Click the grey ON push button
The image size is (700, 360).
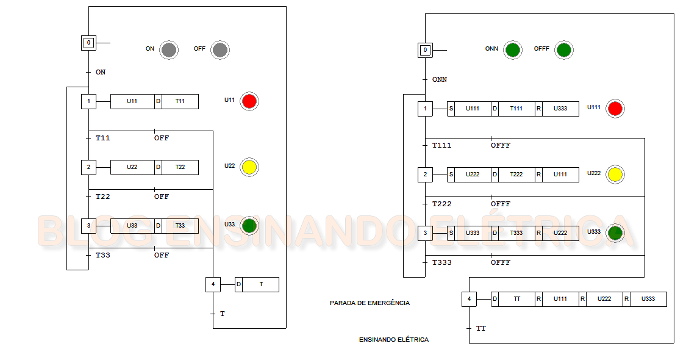[169, 50]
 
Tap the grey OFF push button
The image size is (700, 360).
[220, 50]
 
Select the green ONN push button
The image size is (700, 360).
[513, 50]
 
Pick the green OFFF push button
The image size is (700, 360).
[564, 50]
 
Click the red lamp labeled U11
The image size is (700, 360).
[249, 101]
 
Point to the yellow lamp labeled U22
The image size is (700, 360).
[249, 167]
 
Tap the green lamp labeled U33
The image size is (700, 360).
[249, 226]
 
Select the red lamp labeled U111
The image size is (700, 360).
[615, 109]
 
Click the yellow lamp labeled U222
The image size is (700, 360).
[615, 175]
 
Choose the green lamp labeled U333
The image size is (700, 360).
[615, 233]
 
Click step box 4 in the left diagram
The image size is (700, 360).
[213, 284]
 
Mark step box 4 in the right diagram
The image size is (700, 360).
[469, 299]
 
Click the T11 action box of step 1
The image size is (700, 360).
[180, 101]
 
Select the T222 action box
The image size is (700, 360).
[516, 175]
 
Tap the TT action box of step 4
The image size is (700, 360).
[516, 299]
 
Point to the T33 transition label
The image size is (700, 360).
[103, 255]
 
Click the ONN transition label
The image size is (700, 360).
[440, 79]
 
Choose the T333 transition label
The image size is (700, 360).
[442, 262]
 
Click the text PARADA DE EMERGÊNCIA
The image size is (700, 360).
[370, 303]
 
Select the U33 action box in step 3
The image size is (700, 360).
[132, 226]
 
